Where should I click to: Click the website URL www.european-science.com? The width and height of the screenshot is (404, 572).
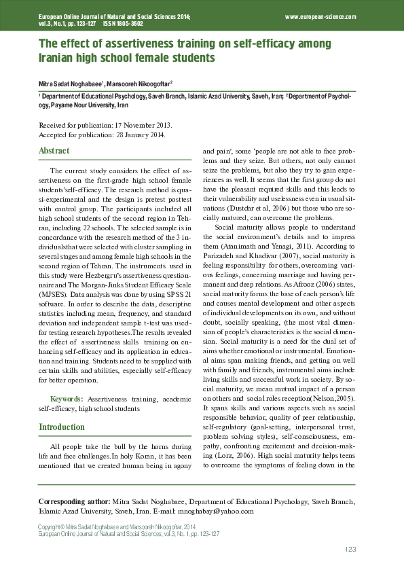click(320, 16)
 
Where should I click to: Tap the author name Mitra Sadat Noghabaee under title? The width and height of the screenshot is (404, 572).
click(69, 83)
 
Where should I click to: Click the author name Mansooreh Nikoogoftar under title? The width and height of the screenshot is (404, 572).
click(138, 83)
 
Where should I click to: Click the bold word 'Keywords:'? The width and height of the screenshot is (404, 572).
click(67, 398)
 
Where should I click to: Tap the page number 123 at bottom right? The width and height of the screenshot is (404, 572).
click(350, 549)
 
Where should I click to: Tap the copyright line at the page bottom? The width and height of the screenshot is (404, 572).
click(117, 526)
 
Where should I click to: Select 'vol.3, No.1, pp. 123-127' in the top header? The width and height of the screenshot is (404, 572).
click(67, 23)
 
